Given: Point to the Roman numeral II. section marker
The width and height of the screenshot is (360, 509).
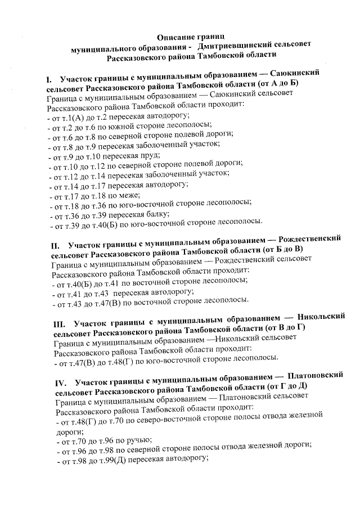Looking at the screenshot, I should [55, 246].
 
